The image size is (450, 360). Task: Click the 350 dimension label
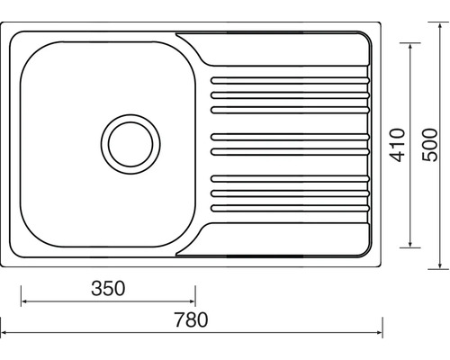[x=108, y=288]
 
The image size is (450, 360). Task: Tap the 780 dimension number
[x=191, y=319]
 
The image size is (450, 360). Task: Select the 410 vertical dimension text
[x=397, y=145]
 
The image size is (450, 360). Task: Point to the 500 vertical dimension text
[x=429, y=145]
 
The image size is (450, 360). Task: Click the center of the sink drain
[x=130, y=144]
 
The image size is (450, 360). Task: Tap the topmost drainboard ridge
[x=290, y=80]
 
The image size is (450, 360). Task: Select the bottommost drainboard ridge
[x=290, y=208]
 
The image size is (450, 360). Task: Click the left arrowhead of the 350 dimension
[x=24, y=301]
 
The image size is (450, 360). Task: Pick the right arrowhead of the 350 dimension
[x=192, y=301]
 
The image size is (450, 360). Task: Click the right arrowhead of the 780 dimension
[x=379, y=332]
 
